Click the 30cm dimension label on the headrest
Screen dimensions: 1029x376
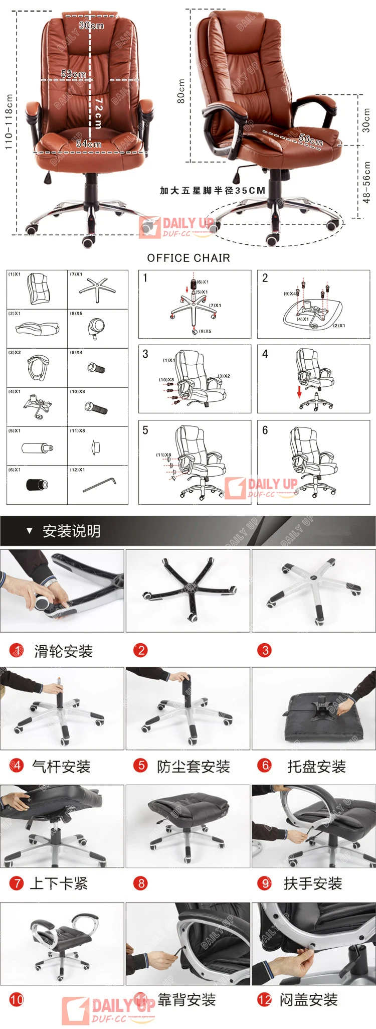point(91,25)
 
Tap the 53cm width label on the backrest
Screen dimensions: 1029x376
point(73,74)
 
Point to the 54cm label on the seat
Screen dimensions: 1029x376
point(88,144)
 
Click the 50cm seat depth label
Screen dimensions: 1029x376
point(311,139)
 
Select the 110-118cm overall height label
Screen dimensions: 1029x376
point(9,122)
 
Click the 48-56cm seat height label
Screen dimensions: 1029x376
point(366,182)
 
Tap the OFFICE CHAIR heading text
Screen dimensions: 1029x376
point(189,258)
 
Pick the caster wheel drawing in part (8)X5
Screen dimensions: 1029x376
point(96,329)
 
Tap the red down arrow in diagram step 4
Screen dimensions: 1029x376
point(300,391)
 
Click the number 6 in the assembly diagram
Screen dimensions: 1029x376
point(265,430)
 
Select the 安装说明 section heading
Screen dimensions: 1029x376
point(71,531)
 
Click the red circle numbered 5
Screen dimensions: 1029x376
point(140,766)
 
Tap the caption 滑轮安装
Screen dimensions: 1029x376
point(63,651)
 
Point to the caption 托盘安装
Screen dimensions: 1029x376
point(316,766)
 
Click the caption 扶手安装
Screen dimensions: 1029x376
point(313,883)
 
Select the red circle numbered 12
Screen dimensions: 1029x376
point(264,999)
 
